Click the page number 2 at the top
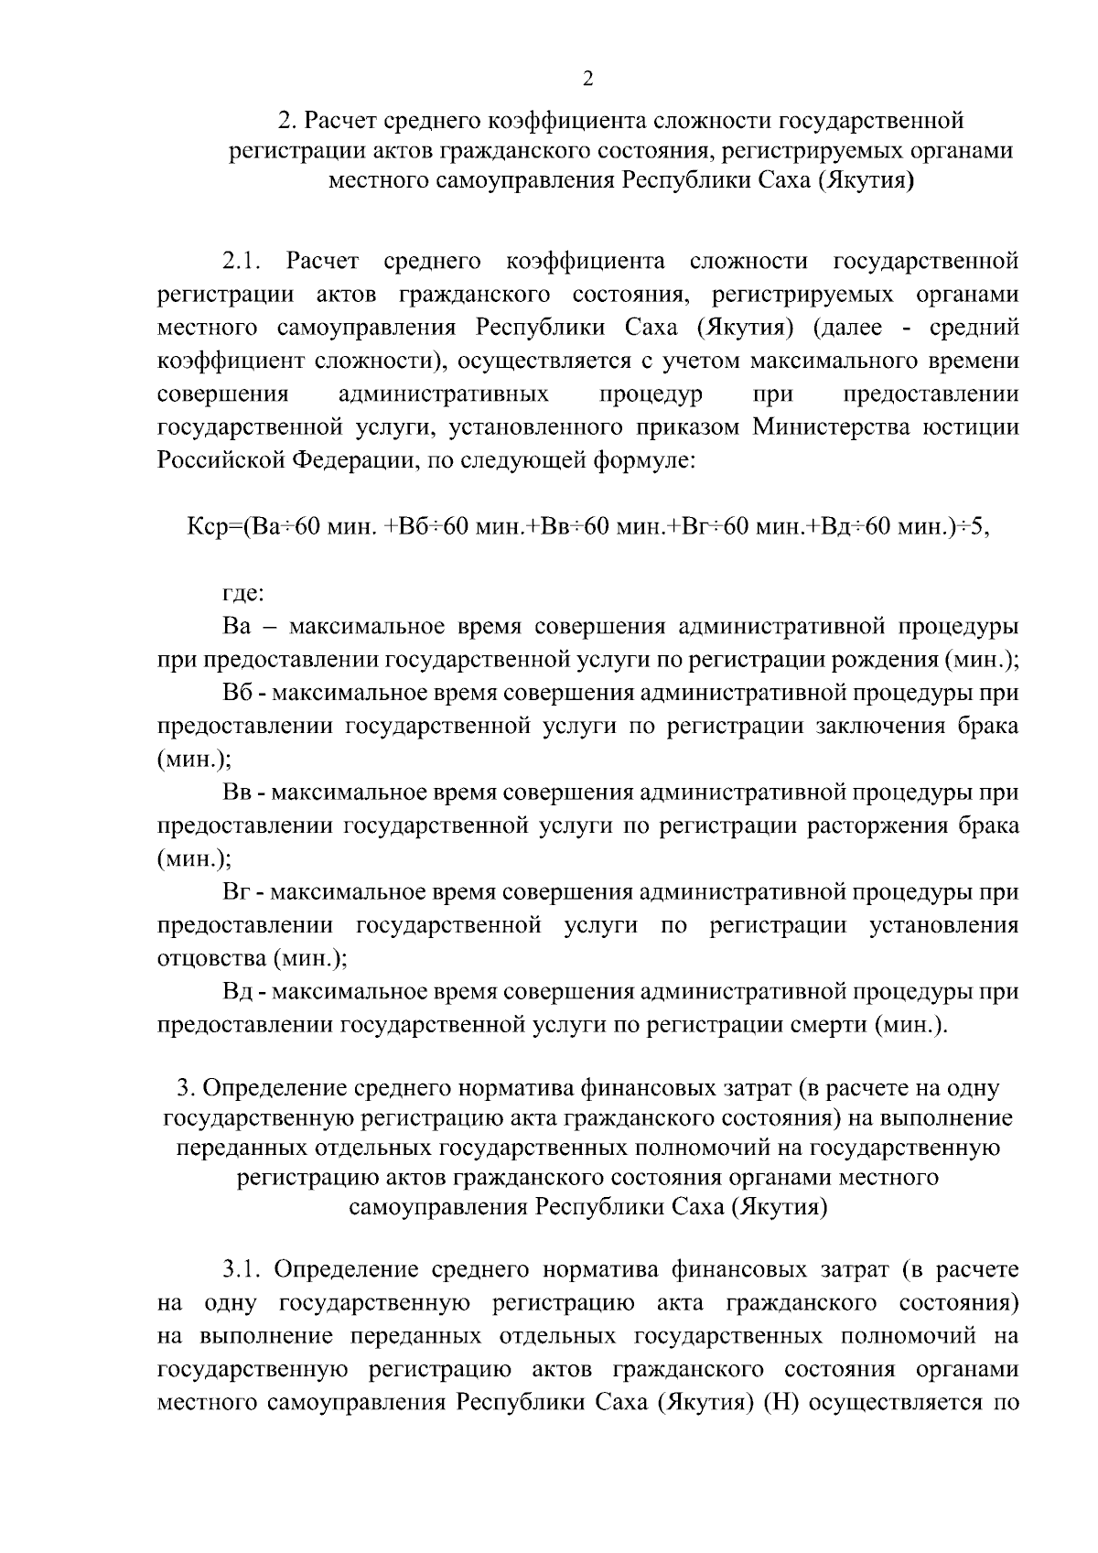pos(587,79)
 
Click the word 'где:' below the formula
pos(243,594)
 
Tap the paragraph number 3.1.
pos(242,1270)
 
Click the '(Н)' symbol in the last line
pos(780,1403)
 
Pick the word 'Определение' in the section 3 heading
pos(266,1089)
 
